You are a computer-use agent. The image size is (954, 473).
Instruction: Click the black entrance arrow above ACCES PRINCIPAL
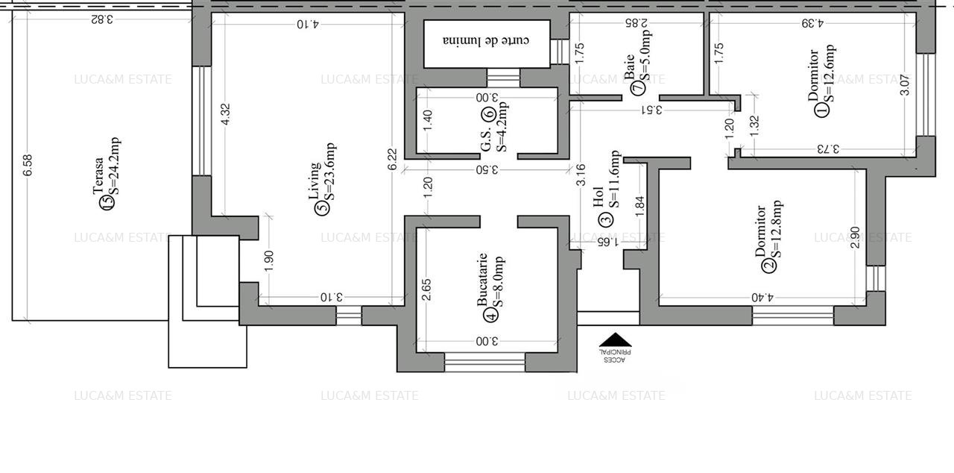point(615,339)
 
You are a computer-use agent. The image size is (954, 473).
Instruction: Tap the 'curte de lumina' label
point(486,40)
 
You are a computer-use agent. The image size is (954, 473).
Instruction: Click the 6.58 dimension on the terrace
point(28,166)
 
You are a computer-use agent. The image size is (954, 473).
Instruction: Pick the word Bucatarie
point(482,278)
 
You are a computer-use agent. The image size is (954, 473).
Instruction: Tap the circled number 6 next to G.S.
point(489,114)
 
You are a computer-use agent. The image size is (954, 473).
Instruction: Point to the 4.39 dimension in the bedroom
point(812,23)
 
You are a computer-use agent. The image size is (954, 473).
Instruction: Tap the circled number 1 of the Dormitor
point(822,110)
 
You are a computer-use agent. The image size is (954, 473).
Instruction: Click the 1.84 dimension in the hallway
point(639,206)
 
